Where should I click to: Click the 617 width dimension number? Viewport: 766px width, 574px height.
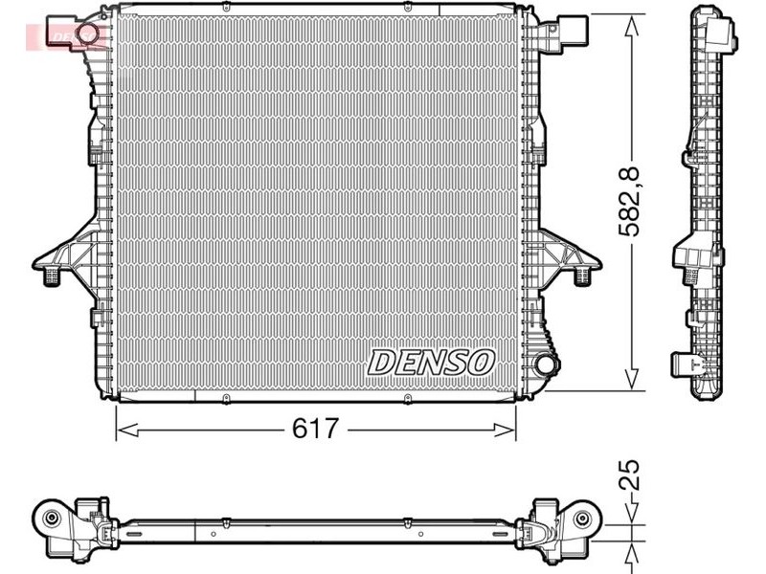[315, 429]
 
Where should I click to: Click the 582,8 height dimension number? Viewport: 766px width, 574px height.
[629, 201]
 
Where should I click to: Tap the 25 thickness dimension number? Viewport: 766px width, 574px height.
[629, 475]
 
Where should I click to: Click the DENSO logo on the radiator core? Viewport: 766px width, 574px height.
[431, 363]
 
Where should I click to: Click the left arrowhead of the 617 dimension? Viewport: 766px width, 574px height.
[127, 430]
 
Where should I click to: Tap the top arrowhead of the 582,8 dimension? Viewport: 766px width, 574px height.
[632, 27]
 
